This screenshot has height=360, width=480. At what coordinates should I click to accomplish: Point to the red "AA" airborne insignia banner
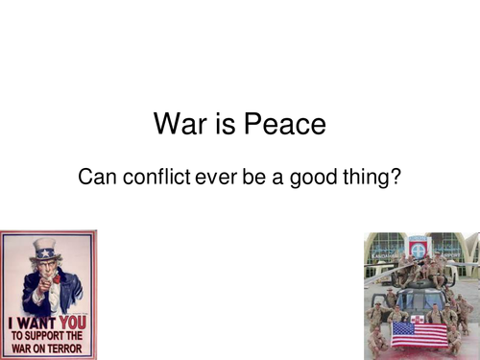tap(419, 247)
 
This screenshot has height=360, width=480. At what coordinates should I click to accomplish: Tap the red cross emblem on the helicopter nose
tap(418, 319)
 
